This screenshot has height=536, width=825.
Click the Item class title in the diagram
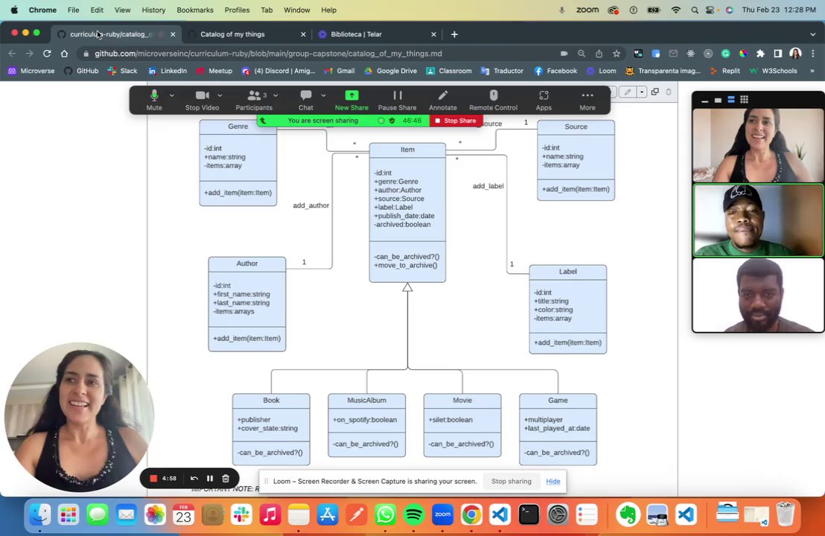pyautogui.click(x=407, y=150)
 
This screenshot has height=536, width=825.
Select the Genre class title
pyautogui.click(x=238, y=127)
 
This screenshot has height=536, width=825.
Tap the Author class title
pyautogui.click(x=246, y=264)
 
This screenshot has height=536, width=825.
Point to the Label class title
pyautogui.click(x=567, y=272)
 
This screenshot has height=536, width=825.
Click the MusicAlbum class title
pyautogui.click(x=366, y=401)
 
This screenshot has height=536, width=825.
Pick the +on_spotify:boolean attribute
pyautogui.click(x=365, y=420)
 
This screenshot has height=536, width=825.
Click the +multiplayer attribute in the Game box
pyautogui.click(x=544, y=420)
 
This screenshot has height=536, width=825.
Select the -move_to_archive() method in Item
pyautogui.click(x=406, y=266)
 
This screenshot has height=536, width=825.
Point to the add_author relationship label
pyautogui.click(x=310, y=205)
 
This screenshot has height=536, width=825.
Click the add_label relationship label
pyautogui.click(x=488, y=186)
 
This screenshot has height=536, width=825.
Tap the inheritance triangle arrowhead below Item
pyautogui.click(x=407, y=287)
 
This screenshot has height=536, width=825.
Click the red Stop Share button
pyautogui.click(x=455, y=121)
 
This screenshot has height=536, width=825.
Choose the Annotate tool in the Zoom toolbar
pyautogui.click(x=442, y=100)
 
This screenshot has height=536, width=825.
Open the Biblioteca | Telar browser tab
pyautogui.click(x=357, y=34)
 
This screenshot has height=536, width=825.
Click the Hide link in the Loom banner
pyautogui.click(x=552, y=482)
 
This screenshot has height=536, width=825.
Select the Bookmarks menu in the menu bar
pyautogui.click(x=195, y=10)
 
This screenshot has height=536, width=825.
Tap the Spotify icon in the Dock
pyautogui.click(x=414, y=514)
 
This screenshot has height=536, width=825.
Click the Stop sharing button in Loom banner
pyautogui.click(x=511, y=482)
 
